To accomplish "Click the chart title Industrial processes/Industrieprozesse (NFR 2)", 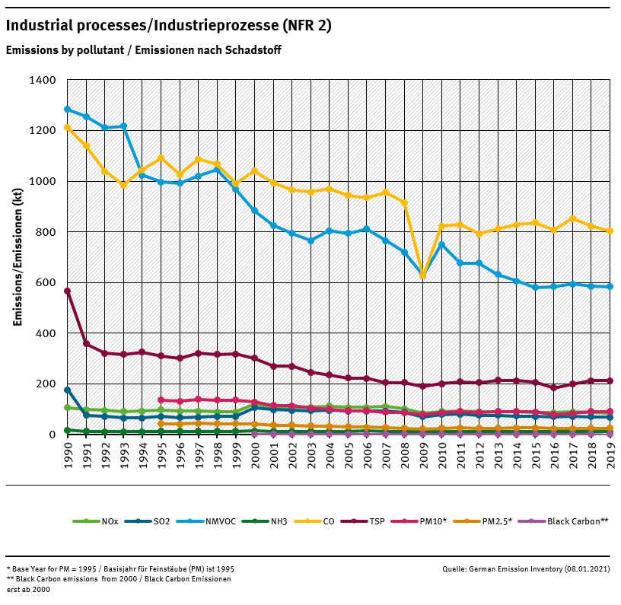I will point(168,26).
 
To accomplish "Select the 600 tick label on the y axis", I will point(44,282).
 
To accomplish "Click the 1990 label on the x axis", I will point(68,457).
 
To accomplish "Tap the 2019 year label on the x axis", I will point(610,457).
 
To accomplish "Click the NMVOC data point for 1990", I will point(68,110).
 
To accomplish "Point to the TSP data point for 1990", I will point(68,291).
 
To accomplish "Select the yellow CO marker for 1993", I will point(123,185).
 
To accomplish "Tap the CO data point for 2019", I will point(610,231).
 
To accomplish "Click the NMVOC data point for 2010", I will point(441,244).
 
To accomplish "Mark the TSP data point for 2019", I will point(610,381).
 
